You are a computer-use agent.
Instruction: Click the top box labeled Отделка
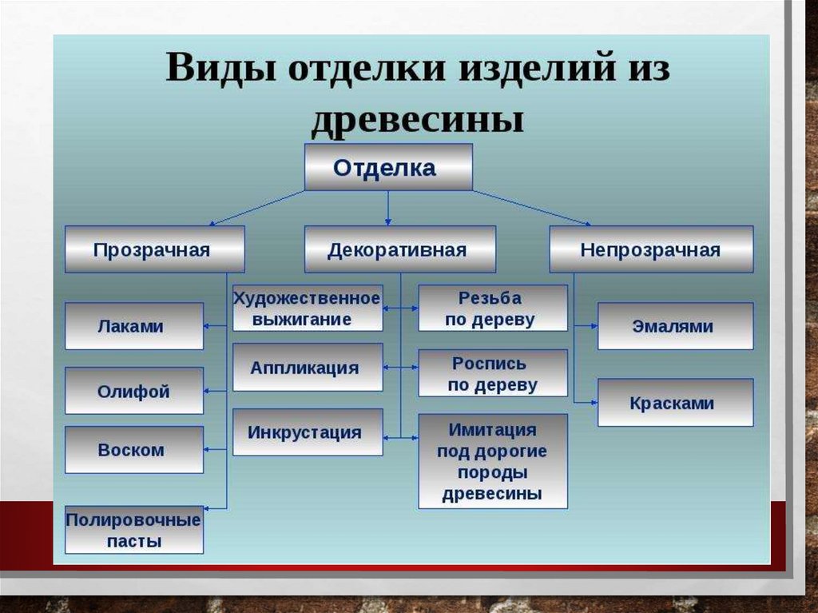click(388, 167)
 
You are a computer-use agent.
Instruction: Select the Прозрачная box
click(154, 249)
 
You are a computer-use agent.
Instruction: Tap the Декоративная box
click(399, 249)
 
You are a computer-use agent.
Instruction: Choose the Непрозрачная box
click(650, 249)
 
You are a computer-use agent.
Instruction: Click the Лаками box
click(133, 326)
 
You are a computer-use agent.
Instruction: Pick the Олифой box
click(133, 391)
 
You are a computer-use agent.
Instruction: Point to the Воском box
click(133, 449)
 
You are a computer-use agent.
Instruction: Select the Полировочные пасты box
click(133, 529)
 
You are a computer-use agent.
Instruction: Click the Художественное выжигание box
click(307, 308)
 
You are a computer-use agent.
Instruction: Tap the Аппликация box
click(307, 368)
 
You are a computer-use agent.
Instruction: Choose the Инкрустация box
click(307, 432)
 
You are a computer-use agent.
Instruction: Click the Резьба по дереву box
click(492, 308)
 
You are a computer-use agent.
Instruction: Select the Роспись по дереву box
click(492, 373)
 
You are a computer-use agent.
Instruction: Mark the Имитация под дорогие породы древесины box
click(492, 461)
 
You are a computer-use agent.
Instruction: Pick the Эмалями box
click(675, 326)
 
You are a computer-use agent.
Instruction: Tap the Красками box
click(675, 403)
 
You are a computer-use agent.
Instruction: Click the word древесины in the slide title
click(417, 120)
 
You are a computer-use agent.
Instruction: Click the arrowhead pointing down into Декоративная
click(388, 221)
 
